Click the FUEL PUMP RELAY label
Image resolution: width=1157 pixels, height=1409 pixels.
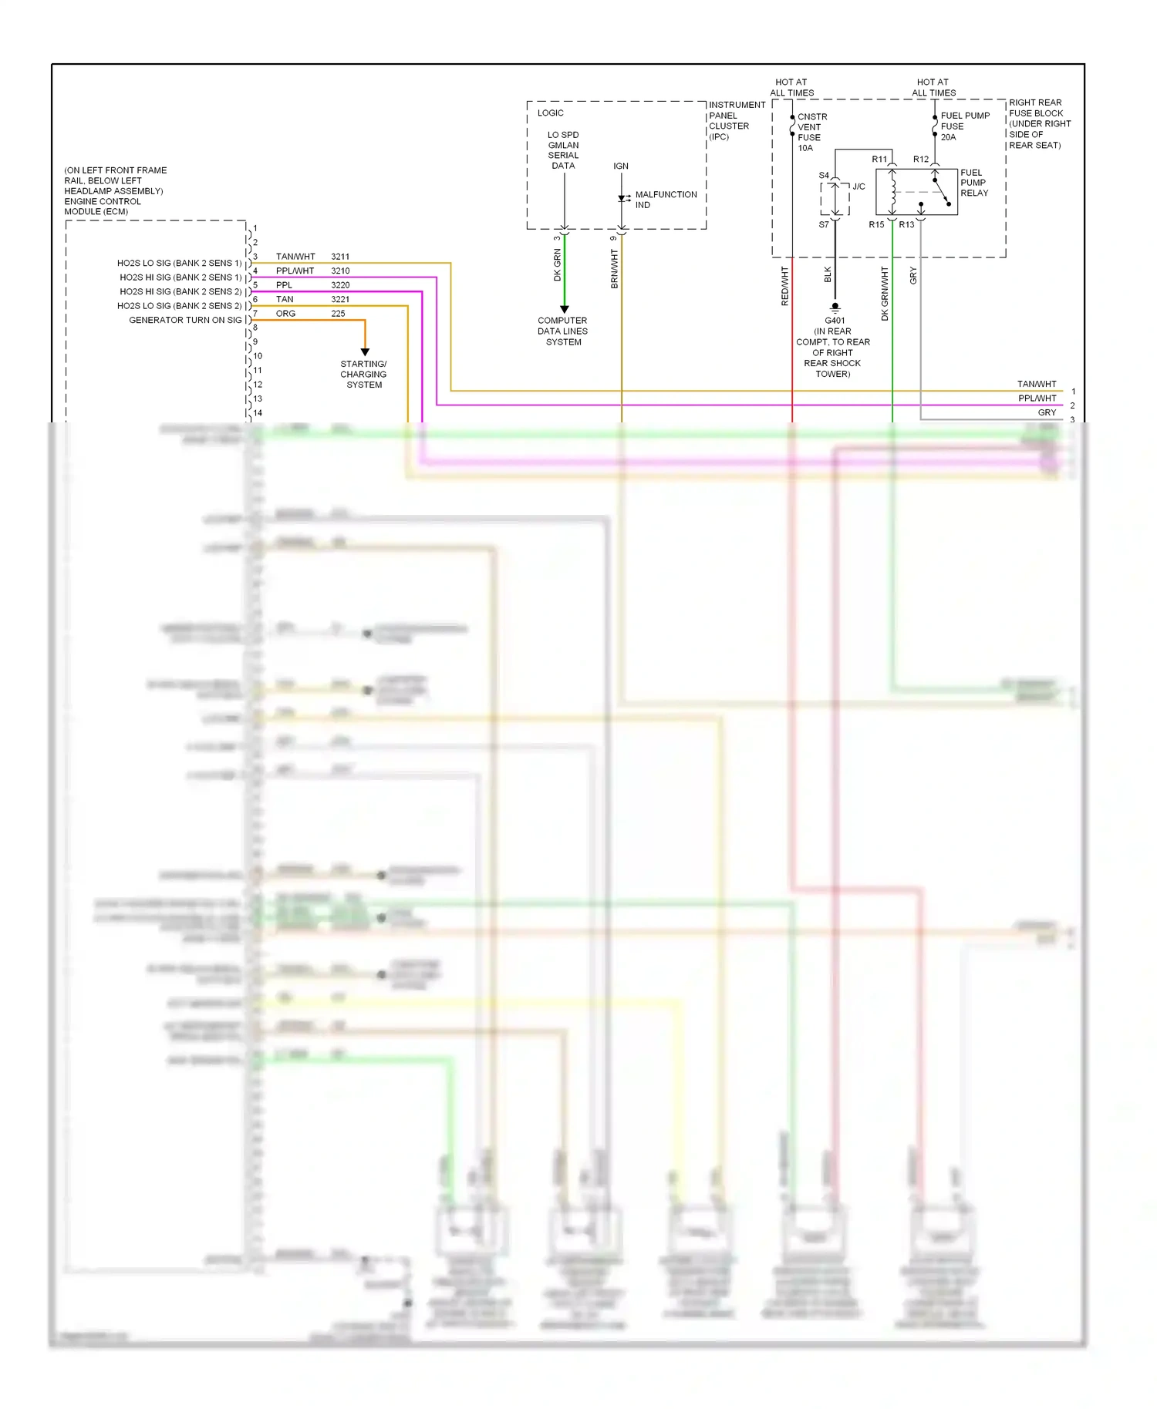973,183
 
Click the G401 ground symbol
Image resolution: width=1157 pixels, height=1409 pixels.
835,308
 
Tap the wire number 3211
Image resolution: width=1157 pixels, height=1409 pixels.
340,257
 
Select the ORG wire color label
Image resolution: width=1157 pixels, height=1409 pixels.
285,314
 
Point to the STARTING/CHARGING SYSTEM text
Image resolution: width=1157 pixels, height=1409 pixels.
363,375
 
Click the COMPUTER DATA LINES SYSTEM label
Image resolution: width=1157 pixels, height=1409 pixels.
563,331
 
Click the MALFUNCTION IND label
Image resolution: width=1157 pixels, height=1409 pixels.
666,200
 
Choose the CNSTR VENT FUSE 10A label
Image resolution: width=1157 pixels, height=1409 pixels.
811,133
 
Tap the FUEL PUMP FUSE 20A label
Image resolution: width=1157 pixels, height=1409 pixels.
964,126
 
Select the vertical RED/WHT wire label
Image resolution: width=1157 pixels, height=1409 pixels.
784,286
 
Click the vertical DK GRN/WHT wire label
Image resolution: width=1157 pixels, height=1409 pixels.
884,294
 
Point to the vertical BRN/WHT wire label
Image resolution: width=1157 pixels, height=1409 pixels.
614,269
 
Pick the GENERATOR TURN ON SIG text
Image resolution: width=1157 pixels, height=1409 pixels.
185,320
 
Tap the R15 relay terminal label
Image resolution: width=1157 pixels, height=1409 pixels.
876,225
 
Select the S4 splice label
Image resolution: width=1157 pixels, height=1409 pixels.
823,176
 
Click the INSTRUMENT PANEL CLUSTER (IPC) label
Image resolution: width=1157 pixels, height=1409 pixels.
736,121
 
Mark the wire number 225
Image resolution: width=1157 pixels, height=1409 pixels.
338,314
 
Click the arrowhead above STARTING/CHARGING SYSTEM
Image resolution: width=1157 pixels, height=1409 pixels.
365,351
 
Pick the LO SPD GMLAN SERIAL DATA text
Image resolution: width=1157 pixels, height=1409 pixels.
563,150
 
